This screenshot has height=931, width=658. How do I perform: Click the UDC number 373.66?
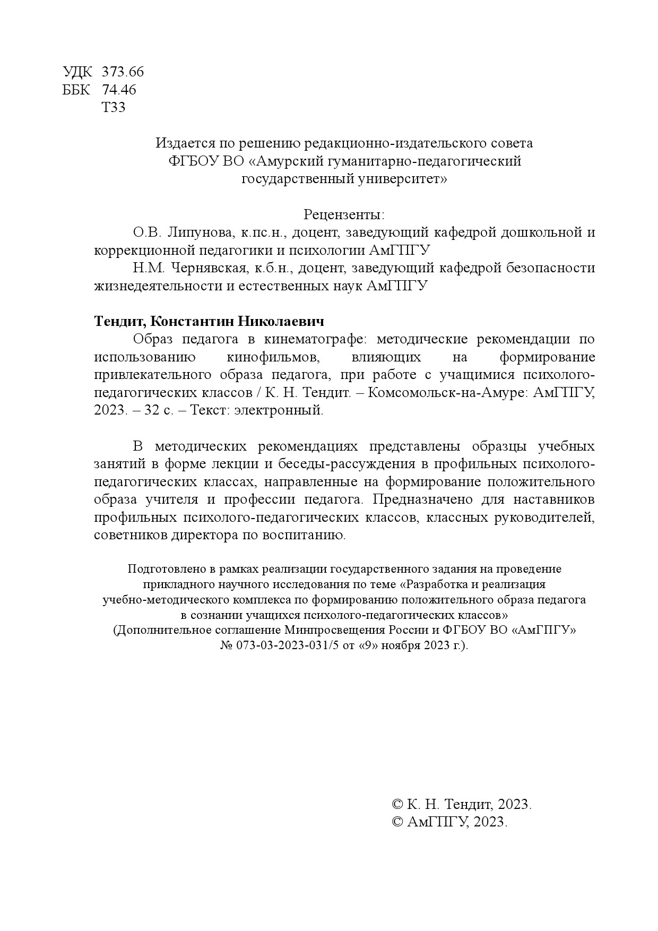[x=123, y=72]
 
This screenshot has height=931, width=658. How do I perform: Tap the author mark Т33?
[x=113, y=108]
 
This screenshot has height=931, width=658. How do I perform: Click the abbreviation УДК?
[x=77, y=72]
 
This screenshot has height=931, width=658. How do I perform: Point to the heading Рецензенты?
[x=344, y=215]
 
